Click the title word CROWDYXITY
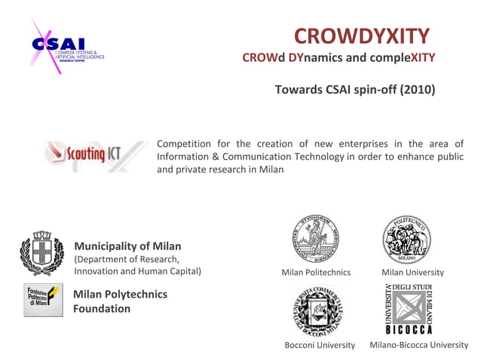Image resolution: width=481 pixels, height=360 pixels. coord(361,35)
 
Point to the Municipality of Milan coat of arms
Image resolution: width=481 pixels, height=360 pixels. coord(42,254)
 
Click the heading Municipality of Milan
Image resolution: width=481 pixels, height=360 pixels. coord(127,246)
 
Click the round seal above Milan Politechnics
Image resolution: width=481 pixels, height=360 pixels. coord(316,239)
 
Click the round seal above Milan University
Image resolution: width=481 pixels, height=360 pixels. coord(407,239)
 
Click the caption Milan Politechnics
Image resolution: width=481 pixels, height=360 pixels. coord(316,272)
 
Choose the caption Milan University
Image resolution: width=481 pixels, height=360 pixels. coord(412,272)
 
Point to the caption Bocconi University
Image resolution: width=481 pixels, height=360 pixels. coord(320,345)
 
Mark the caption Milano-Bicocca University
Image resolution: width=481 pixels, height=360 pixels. coord(418,345)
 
